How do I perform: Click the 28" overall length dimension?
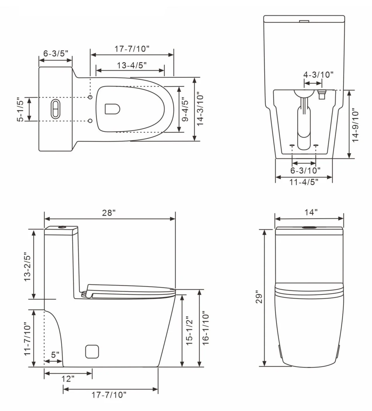point(109,213)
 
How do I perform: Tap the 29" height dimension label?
point(259,297)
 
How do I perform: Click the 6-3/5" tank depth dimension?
point(56,54)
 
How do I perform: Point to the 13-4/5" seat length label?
point(132,65)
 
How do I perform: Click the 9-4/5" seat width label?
point(185,109)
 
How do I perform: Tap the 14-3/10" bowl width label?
point(200,109)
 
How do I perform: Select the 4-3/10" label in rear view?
point(318,75)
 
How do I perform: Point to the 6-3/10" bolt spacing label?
point(305,170)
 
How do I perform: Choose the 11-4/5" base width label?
point(304,182)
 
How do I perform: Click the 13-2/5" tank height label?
point(27,266)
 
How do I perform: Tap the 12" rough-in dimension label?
point(68,379)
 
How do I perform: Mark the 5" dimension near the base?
point(55,355)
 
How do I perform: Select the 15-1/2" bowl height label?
point(189,331)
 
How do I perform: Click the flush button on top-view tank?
point(55,109)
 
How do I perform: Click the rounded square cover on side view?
point(92,351)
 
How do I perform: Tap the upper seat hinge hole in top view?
point(90,97)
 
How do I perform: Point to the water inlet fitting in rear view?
point(321,95)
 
